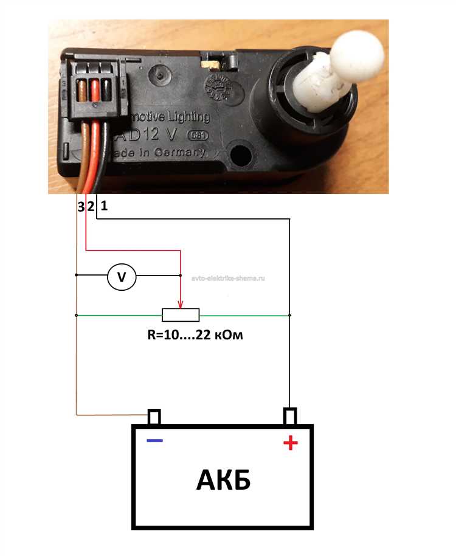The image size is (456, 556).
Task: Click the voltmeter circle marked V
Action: click(122, 277)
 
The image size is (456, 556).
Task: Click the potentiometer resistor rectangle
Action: click(181, 314)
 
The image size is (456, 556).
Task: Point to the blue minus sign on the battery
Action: click(154, 440)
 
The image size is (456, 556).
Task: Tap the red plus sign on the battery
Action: click(291, 443)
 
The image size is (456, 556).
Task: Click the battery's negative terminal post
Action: click(154, 417)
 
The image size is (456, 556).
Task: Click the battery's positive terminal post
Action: click(290, 417)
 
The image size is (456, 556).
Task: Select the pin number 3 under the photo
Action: click(80, 207)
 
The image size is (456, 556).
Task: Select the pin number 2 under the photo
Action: click(90, 207)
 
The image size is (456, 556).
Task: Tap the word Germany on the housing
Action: click(181, 153)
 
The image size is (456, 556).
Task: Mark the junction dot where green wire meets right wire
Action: click(290, 315)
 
